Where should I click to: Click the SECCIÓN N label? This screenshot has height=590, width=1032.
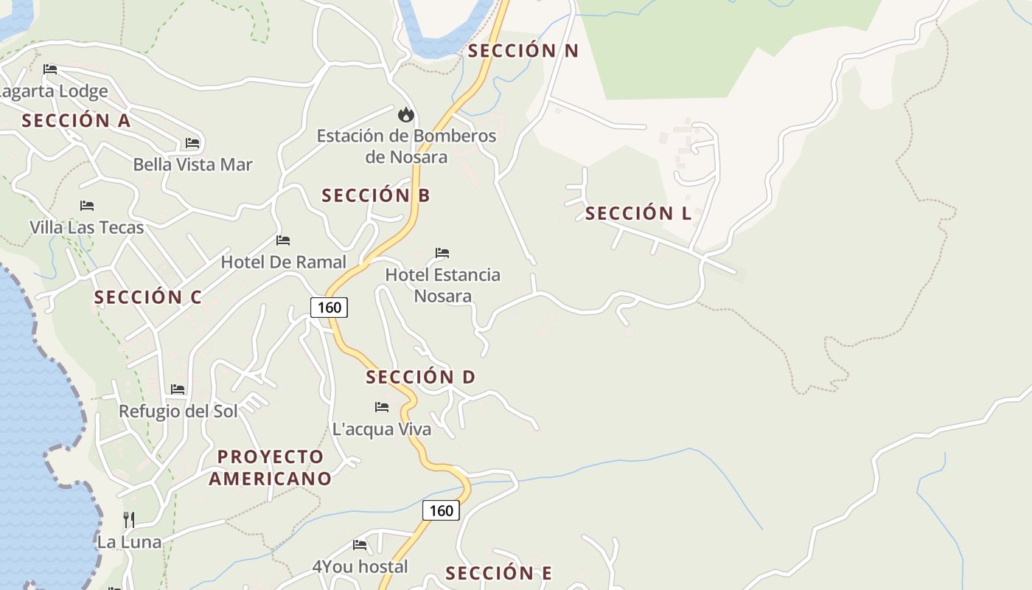(523, 51)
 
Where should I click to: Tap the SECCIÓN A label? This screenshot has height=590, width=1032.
(76, 121)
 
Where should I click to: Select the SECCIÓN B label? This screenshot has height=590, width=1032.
(375, 195)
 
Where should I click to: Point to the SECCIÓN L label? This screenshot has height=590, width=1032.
(638, 214)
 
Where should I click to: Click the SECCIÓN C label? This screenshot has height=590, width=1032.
(147, 297)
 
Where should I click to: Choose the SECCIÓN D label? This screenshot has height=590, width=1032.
(420, 377)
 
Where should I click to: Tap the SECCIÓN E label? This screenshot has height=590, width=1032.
(498, 573)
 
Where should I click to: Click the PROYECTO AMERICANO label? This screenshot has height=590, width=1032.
(270, 468)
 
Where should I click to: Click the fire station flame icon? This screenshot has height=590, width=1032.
(405, 114)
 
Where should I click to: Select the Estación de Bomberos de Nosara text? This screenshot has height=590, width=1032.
(406, 146)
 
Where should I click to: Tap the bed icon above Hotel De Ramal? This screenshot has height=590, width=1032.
(283, 240)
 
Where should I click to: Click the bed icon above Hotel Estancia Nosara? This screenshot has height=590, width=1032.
(442, 253)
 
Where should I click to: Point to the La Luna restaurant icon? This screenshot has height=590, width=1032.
(129, 519)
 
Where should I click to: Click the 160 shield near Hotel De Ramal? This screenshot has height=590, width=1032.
(329, 307)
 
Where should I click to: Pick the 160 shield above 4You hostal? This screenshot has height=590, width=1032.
(441, 510)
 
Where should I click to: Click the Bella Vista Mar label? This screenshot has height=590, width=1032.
(192, 164)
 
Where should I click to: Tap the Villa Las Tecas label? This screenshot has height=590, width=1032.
(87, 227)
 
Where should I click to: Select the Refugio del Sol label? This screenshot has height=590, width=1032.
(178, 411)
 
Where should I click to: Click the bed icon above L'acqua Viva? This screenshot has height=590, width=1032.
(382, 407)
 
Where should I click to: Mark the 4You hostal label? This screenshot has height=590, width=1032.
(360, 566)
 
